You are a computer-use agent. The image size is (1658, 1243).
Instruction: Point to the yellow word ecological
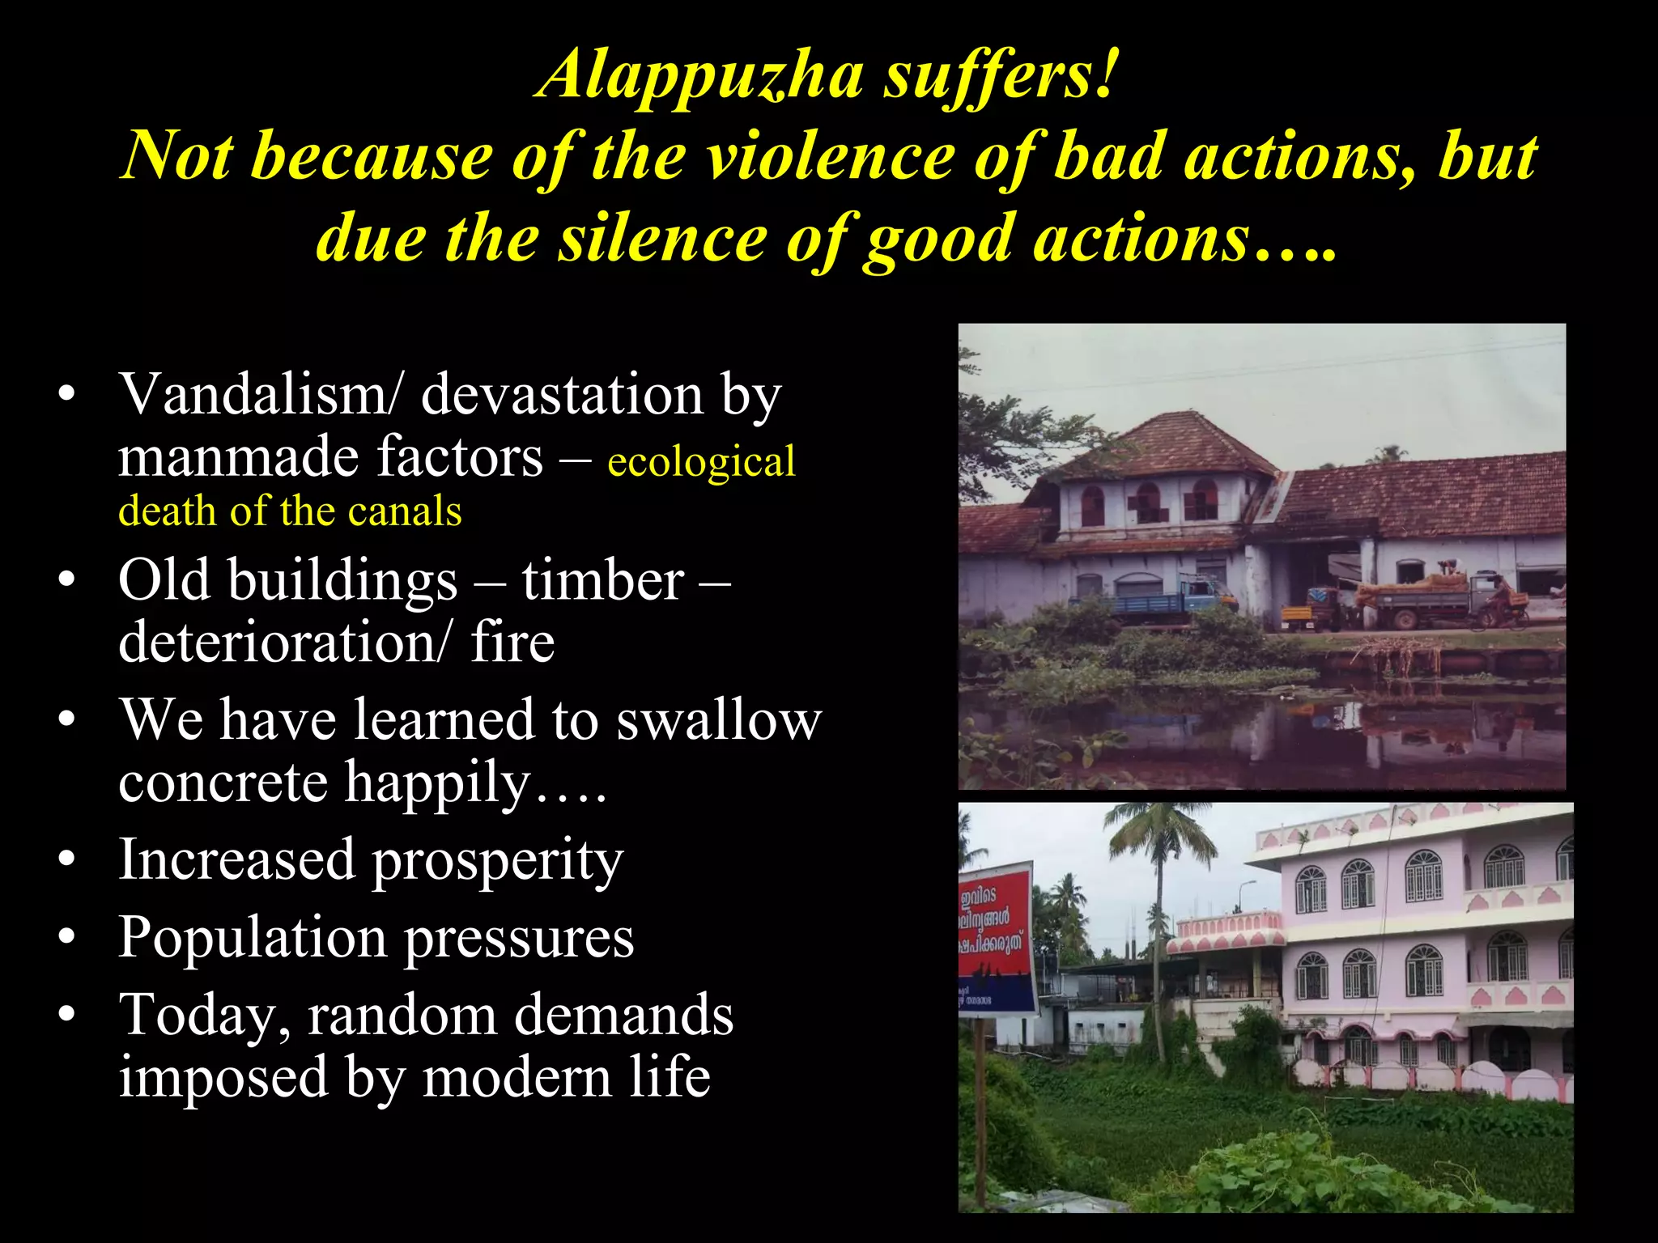(701, 462)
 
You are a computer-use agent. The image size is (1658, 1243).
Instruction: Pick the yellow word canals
(405, 511)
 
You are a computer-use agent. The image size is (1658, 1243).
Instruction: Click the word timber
(602, 580)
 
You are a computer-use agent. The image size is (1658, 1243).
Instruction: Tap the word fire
(512, 643)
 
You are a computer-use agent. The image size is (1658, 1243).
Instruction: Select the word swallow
(719, 720)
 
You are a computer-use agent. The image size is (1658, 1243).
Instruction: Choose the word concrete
(223, 783)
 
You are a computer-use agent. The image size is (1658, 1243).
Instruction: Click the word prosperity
(497, 860)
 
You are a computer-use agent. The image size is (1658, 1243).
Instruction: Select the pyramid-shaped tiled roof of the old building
(1166, 445)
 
